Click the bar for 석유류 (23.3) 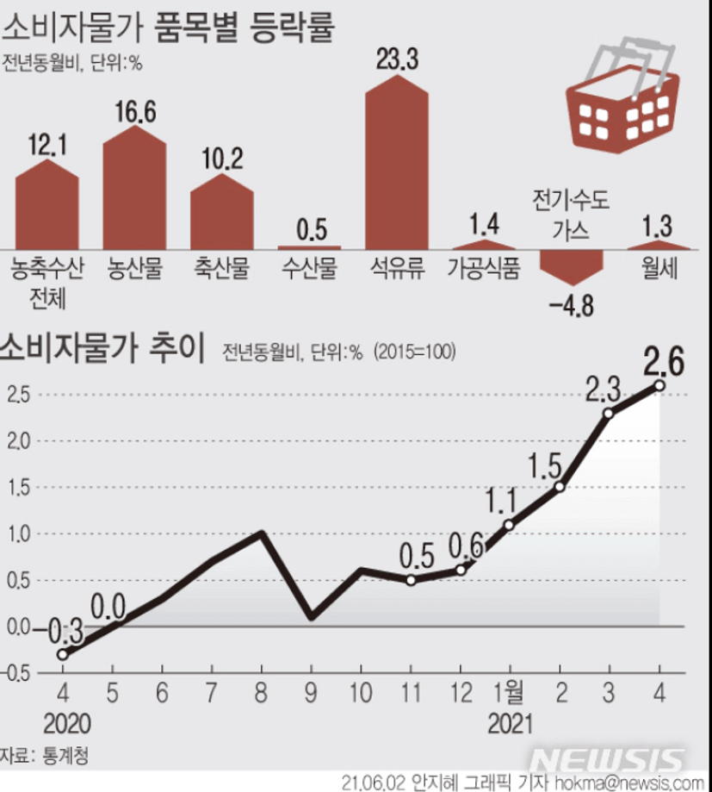pos(397,164)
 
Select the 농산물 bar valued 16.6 pos(134,190)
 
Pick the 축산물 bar pos(221,213)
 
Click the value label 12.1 pos(46,142)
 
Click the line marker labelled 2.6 pos(659,385)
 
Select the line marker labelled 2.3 pos(609,414)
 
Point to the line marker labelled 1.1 pos(510,525)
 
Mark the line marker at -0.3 pos(62,654)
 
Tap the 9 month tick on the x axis pos(311,692)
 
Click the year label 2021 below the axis pos(511,723)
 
